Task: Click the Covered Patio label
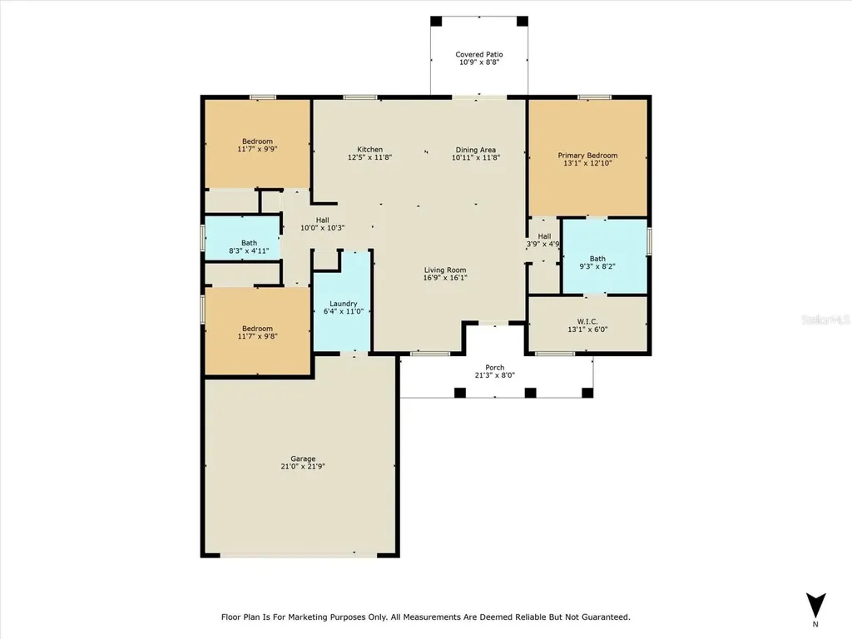(478, 54)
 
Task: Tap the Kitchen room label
(369, 150)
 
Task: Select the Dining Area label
(475, 150)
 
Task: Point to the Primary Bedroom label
(587, 156)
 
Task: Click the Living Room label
(445, 270)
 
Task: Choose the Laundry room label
(344, 304)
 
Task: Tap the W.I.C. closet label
(587, 322)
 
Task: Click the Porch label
(494, 367)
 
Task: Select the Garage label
(303, 458)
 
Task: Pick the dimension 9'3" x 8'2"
(597, 266)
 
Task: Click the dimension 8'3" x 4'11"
(249, 250)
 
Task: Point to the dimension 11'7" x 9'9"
(258, 148)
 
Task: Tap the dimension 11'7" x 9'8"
(258, 336)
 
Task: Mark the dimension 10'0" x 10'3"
(322, 228)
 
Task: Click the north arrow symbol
(815, 606)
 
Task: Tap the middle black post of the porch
(530, 393)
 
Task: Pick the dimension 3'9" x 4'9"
(542, 244)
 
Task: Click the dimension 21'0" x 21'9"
(303, 466)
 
